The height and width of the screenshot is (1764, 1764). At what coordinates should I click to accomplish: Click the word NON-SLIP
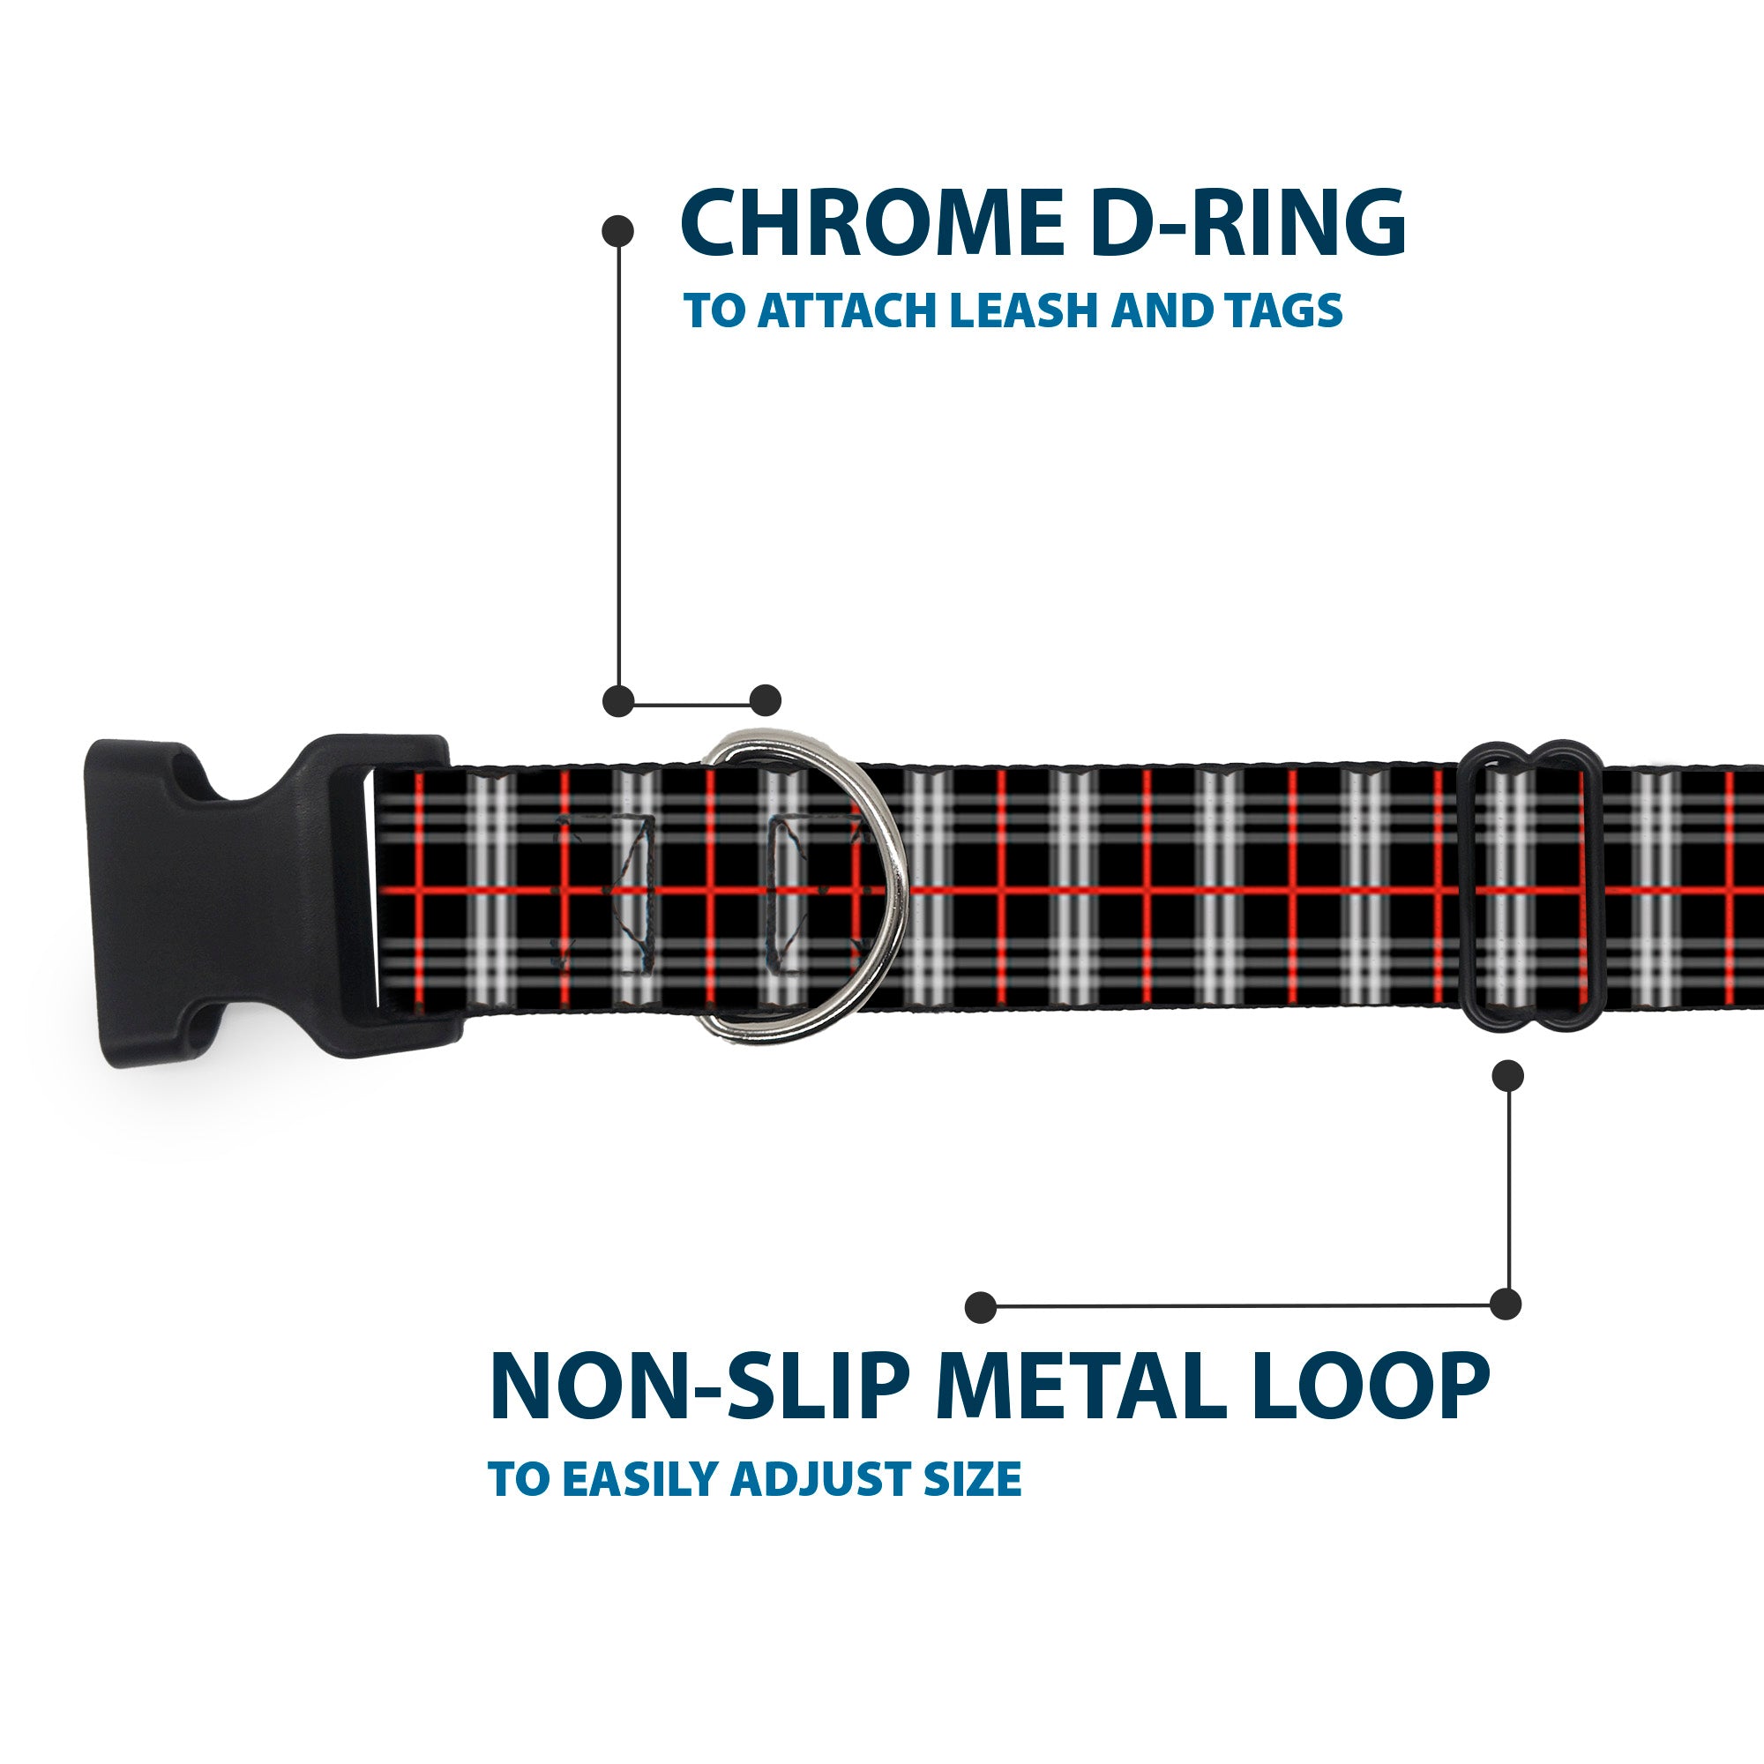point(695,1387)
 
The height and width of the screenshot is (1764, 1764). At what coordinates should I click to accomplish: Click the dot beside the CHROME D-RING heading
point(618,231)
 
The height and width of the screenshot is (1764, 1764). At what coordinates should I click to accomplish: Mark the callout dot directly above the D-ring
point(765,700)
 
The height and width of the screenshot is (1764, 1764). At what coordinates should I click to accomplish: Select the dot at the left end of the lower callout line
point(981,1306)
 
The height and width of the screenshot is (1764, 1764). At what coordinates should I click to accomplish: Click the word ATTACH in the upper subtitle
point(850,311)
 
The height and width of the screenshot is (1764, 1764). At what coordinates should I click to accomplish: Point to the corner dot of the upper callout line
point(618,700)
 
